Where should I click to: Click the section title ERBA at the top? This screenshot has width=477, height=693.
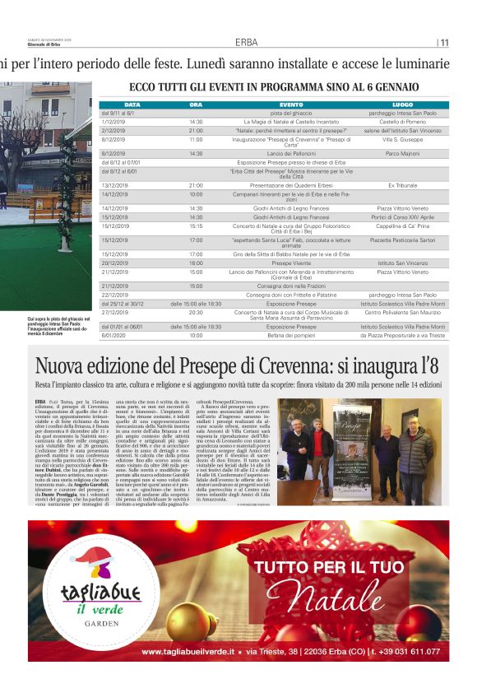pyautogui.click(x=245, y=42)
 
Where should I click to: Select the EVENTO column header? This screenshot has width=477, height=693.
pyautogui.click(x=291, y=105)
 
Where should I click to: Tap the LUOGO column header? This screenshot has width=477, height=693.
pyautogui.click(x=402, y=105)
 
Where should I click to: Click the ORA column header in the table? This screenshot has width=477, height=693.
pyautogui.click(x=196, y=105)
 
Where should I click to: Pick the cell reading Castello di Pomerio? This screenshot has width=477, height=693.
pyautogui.click(x=402, y=121)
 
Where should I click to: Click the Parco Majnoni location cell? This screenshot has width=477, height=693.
pyautogui.click(x=402, y=153)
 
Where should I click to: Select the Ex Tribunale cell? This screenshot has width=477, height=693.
pyautogui.click(x=402, y=186)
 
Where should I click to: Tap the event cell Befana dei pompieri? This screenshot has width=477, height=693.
pyautogui.click(x=291, y=336)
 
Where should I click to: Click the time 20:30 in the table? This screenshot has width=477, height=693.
pyautogui.click(x=196, y=313)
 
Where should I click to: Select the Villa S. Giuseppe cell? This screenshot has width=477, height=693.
pyautogui.click(x=402, y=140)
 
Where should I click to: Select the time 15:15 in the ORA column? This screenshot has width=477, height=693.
pyautogui.click(x=196, y=226)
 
